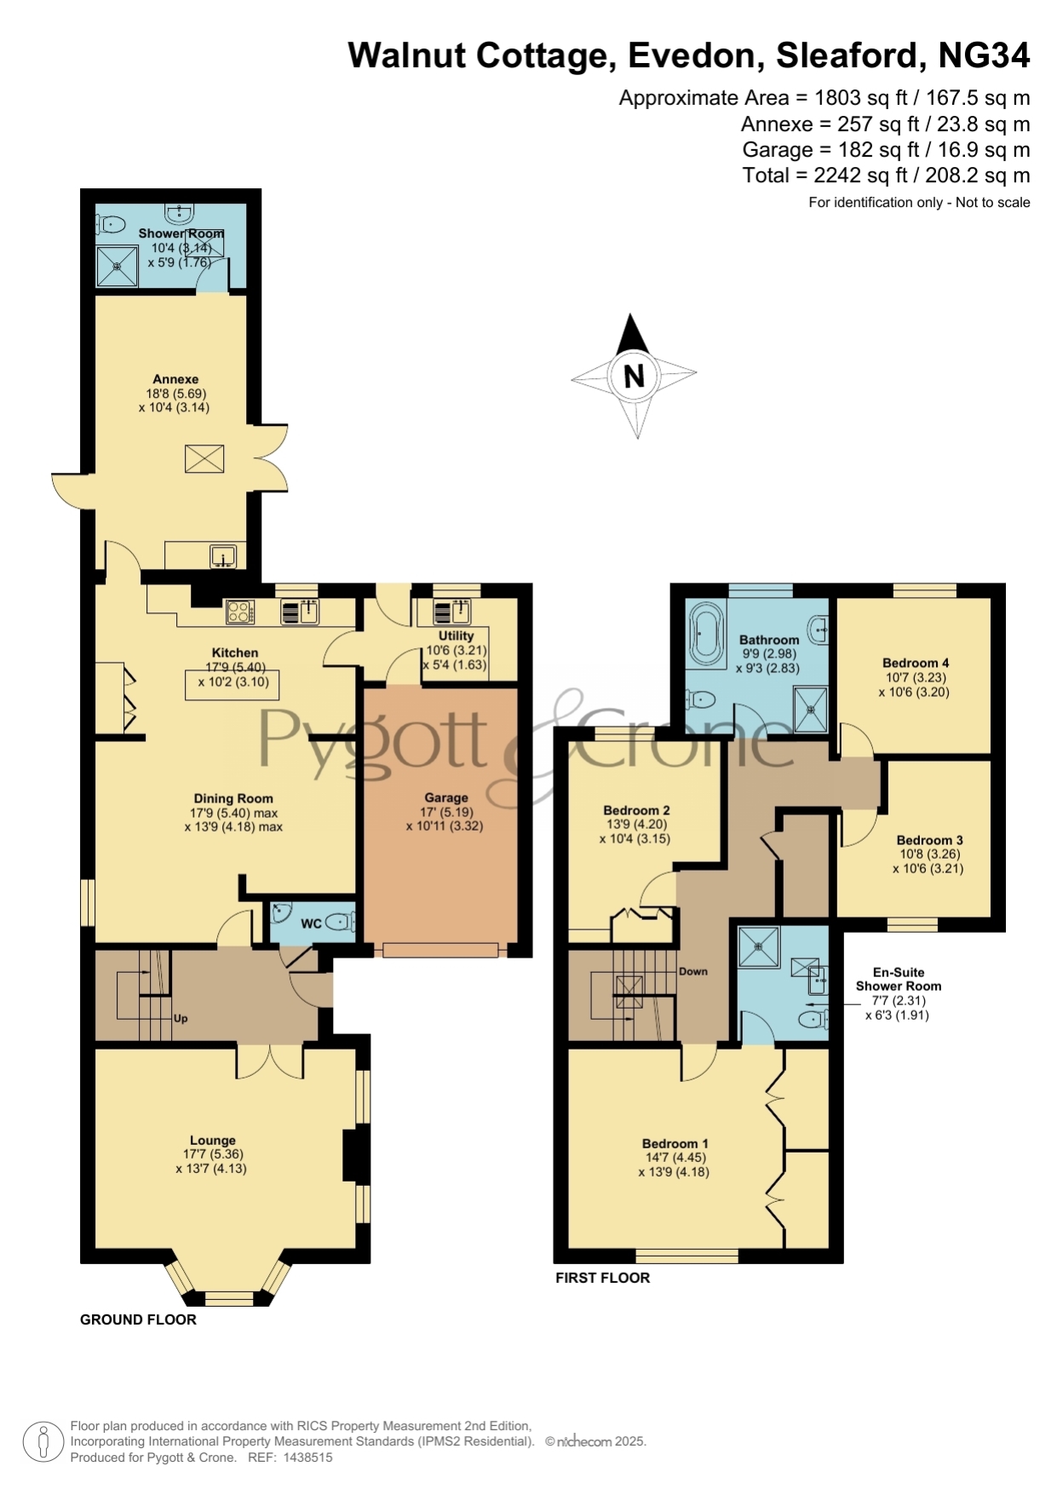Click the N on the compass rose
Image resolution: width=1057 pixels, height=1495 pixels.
pyautogui.click(x=634, y=377)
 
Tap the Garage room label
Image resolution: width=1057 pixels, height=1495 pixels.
pyautogui.click(x=446, y=798)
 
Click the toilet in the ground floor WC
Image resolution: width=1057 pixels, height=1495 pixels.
pyautogui.click(x=338, y=921)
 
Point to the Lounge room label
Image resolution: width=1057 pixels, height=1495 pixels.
pyautogui.click(x=213, y=1140)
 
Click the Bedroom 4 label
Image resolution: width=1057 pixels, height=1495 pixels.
pyautogui.click(x=916, y=663)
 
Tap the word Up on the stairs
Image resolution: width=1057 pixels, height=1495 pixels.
pyautogui.click(x=181, y=1019)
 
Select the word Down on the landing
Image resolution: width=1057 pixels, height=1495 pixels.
pyautogui.click(x=693, y=971)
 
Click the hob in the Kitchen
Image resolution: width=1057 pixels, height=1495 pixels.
pyautogui.click(x=239, y=612)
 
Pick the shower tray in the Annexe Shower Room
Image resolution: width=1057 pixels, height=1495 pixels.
pyautogui.click(x=117, y=266)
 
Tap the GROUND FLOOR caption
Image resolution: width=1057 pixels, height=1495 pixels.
pyautogui.click(x=138, y=1320)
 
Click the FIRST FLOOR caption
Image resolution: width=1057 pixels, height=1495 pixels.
pyautogui.click(x=603, y=1278)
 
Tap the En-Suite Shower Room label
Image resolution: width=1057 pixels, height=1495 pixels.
pyautogui.click(x=899, y=979)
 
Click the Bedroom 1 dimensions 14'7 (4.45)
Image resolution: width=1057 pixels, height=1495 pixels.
pyautogui.click(x=675, y=1158)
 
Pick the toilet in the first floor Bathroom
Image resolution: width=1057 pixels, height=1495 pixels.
pyautogui.click(x=700, y=699)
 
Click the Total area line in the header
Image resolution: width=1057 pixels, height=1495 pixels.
pyautogui.click(x=886, y=175)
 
